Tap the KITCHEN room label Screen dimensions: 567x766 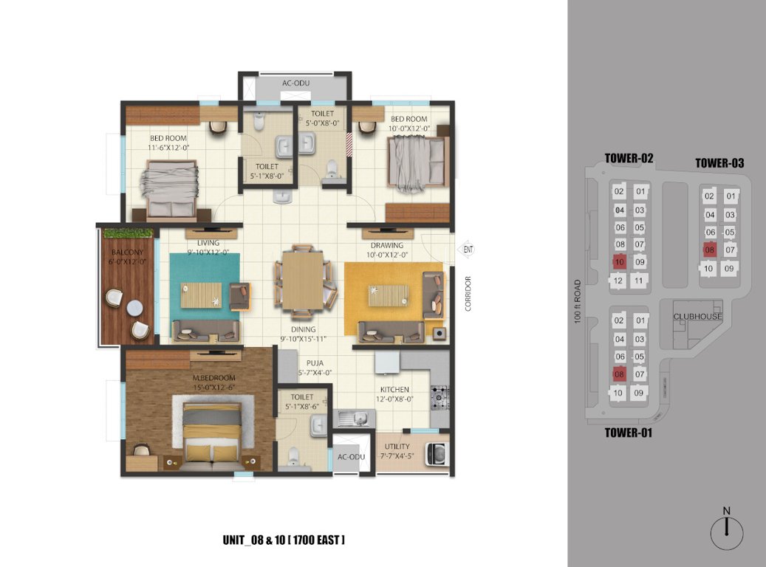point(394,389)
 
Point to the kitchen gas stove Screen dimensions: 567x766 point(441,397)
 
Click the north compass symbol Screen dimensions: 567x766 point(726,531)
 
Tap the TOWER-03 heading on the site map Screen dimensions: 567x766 point(719,163)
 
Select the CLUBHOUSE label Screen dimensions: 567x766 point(697,317)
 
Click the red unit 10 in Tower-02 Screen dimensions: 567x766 point(620,262)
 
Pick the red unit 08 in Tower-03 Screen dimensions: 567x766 point(709,250)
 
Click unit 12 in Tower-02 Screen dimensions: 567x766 point(620,281)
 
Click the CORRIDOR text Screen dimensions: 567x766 point(468,294)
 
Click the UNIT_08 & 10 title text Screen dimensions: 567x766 point(284,540)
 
